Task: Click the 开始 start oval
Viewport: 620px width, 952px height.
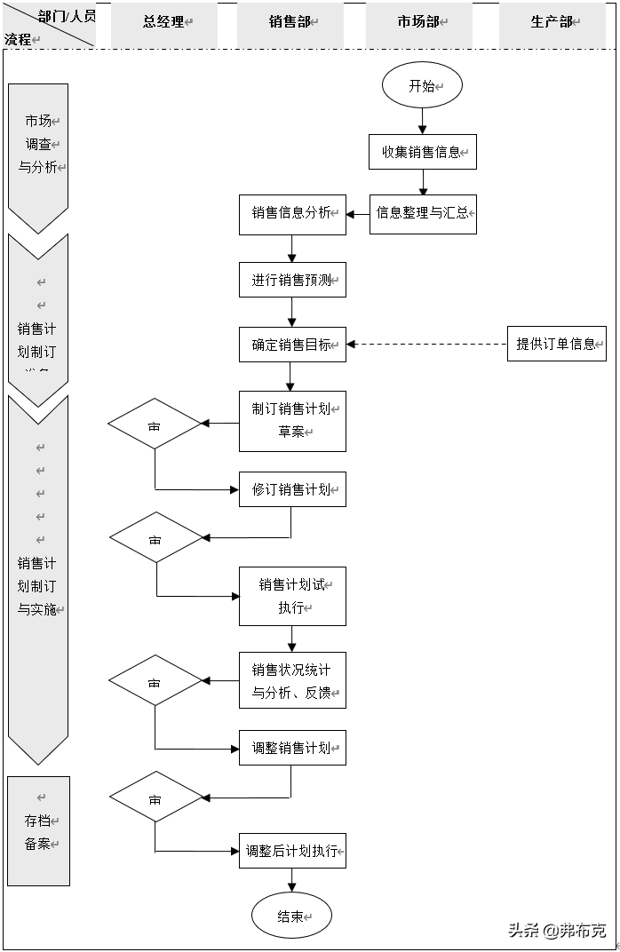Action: pos(422,86)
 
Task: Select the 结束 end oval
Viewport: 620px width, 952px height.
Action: pos(291,916)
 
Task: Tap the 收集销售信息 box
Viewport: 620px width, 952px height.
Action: pos(423,152)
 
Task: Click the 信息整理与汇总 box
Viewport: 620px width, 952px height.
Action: pos(423,214)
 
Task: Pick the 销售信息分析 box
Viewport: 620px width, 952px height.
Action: pos(292,214)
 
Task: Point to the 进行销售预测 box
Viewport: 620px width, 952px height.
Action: pos(292,280)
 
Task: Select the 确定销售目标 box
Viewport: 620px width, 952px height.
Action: pos(292,345)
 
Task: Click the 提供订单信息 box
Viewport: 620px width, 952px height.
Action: pos(557,344)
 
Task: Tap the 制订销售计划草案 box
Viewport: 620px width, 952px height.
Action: pos(292,421)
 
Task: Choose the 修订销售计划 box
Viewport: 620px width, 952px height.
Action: pos(292,489)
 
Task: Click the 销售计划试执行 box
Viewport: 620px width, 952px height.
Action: pos(292,596)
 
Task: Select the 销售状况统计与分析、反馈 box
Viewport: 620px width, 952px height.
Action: pos(292,681)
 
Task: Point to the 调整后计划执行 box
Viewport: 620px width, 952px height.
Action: pos(292,851)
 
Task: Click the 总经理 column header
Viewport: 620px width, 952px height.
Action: pos(164,22)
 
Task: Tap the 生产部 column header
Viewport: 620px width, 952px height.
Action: pos(552,22)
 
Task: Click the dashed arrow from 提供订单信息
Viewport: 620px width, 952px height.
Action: pos(426,345)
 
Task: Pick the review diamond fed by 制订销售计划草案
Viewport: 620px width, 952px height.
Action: pos(155,424)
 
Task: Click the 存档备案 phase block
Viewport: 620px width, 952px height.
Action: pos(38,831)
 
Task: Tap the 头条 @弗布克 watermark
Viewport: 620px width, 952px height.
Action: pos(557,930)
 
